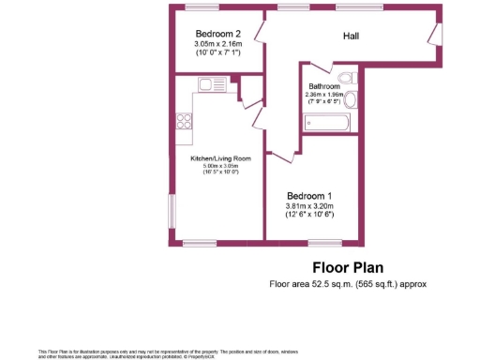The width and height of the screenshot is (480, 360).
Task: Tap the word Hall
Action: coord(352,37)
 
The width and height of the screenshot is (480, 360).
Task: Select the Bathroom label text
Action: coord(324,85)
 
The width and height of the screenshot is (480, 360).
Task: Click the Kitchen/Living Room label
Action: coord(221,158)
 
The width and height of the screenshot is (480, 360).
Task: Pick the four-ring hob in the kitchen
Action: coord(183,120)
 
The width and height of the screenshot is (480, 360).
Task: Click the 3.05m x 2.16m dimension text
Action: coord(218,44)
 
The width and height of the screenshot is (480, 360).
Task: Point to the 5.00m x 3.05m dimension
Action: coord(221,166)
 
